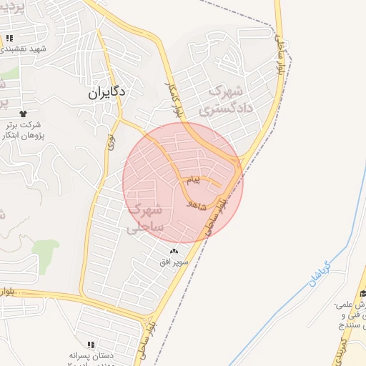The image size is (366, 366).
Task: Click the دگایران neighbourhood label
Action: coord(107,92)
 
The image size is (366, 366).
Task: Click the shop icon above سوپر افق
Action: coord(175,250)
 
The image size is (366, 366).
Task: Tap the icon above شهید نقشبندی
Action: coord(9,37)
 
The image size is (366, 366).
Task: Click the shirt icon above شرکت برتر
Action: coord(23,113)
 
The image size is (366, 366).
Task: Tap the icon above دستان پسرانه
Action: coord(91,344)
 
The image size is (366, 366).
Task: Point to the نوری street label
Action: coord(111,142)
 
